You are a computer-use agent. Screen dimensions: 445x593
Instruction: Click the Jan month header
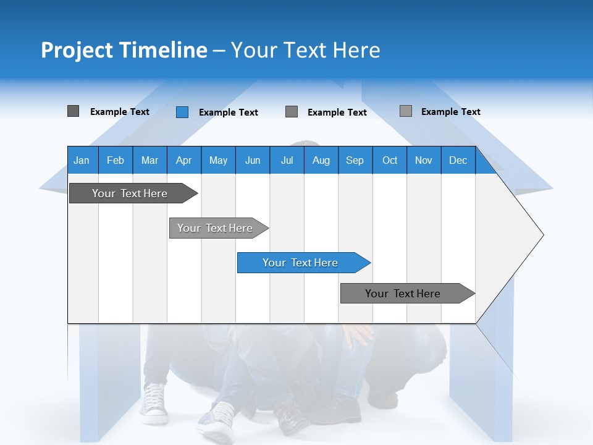coord(82,160)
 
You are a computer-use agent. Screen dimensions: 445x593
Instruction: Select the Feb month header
coord(116,160)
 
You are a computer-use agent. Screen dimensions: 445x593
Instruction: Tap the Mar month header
coord(149,160)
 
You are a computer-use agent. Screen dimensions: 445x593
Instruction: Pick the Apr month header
coord(184,160)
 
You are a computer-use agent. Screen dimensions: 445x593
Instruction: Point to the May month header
coord(218,160)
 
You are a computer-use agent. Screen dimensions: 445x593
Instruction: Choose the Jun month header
coord(253,160)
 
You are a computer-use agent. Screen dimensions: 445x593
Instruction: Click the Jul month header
coord(287,160)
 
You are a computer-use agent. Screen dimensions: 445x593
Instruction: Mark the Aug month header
coord(321,160)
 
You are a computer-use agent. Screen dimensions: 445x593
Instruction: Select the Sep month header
coord(355,160)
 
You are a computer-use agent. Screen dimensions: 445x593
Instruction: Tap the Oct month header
coord(390,160)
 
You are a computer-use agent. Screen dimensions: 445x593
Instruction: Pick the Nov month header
coord(424,160)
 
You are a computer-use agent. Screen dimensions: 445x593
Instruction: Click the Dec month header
coord(458,160)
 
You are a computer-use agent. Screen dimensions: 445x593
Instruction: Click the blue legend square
coord(182,112)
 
